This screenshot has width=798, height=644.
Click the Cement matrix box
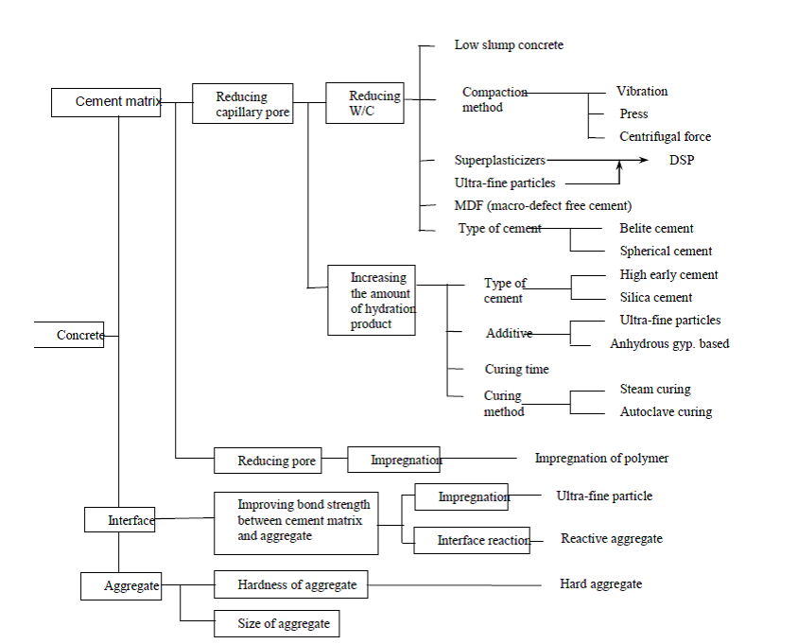(x=106, y=102)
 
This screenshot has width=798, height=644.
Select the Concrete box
(x=70, y=335)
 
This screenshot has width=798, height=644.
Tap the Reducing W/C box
(x=365, y=103)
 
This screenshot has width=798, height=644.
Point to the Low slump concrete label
(x=509, y=45)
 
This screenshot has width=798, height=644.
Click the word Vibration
(x=642, y=92)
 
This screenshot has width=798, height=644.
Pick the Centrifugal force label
(x=665, y=137)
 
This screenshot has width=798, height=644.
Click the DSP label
(x=682, y=161)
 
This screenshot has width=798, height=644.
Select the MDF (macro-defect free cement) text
(x=543, y=205)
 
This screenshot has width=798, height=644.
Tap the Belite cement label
(x=656, y=229)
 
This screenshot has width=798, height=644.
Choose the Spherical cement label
(x=666, y=252)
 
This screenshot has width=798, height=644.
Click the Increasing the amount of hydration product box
(x=372, y=301)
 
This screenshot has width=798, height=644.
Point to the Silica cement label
(x=656, y=298)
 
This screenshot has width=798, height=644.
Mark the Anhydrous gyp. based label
(x=669, y=344)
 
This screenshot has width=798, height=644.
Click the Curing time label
(x=516, y=370)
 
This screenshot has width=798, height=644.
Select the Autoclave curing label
(x=666, y=412)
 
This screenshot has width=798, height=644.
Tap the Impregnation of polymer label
(x=601, y=459)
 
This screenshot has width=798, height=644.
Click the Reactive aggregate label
(x=611, y=539)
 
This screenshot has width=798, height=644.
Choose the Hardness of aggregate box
(x=291, y=585)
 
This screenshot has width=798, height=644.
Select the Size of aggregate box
(x=276, y=623)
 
